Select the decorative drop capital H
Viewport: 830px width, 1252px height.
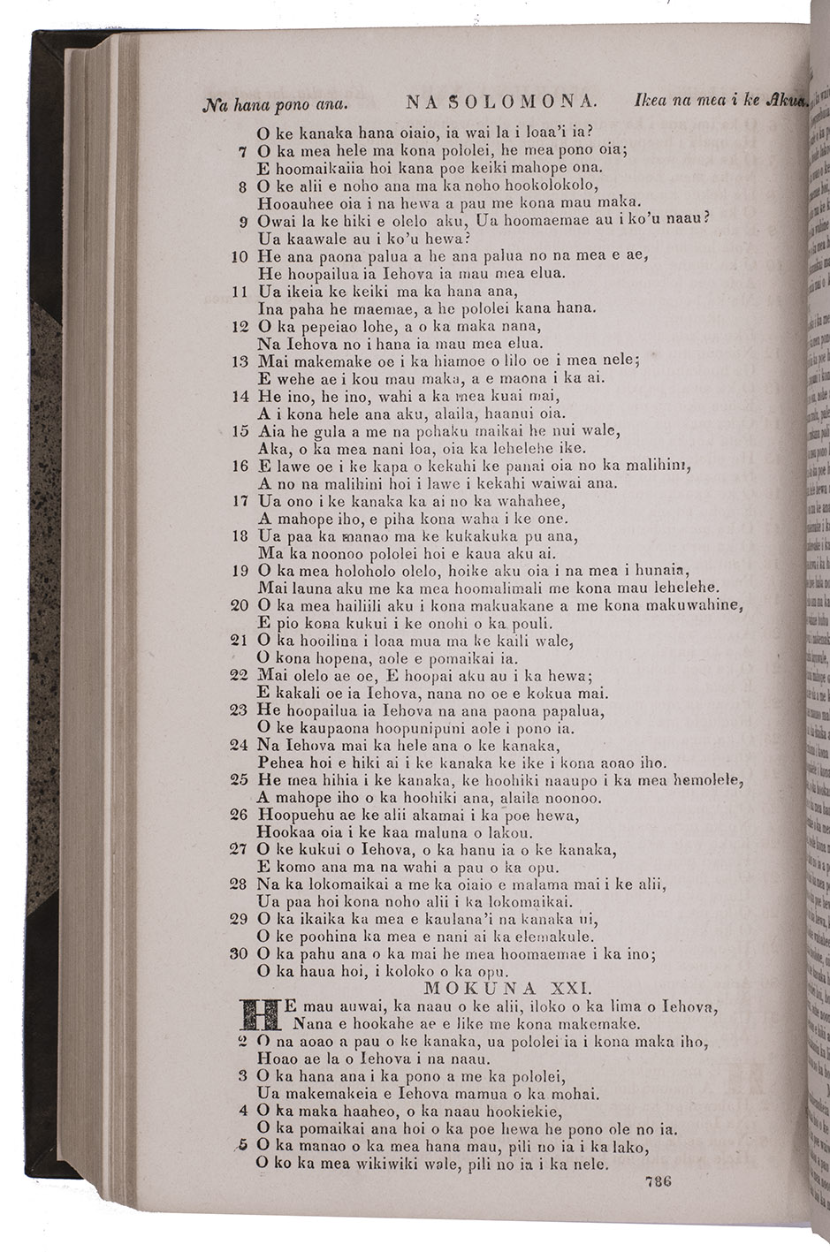pyautogui.click(x=261, y=1014)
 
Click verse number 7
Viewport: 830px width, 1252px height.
pyautogui.click(x=242, y=150)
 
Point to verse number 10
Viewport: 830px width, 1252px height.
pyautogui.click(x=239, y=256)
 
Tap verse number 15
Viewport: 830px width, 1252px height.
pyautogui.click(x=240, y=432)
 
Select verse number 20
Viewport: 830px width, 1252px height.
pyautogui.click(x=239, y=606)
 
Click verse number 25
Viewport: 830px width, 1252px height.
pyautogui.click(x=239, y=780)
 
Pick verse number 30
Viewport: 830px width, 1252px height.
pyautogui.click(x=239, y=954)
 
